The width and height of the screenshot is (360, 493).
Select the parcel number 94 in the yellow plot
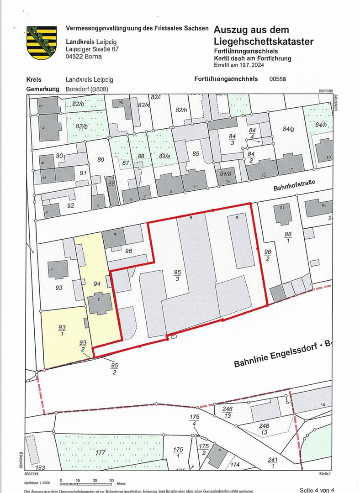pyautogui.click(x=96, y=283)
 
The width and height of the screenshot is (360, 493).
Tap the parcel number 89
pyautogui.click(x=101, y=159)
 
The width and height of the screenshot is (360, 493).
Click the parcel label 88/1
pyautogui.click(x=288, y=238)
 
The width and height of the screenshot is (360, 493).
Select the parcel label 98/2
pyautogui.click(x=268, y=256)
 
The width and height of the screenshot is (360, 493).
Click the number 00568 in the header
pyautogui.click(x=278, y=79)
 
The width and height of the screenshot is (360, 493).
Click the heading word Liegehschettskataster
pyautogui.click(x=264, y=42)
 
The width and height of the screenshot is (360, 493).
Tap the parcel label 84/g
pyautogui.click(x=288, y=129)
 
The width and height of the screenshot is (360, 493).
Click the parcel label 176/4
pyautogui.click(x=195, y=420)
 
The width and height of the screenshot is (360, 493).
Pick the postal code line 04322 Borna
pyautogui.click(x=84, y=57)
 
